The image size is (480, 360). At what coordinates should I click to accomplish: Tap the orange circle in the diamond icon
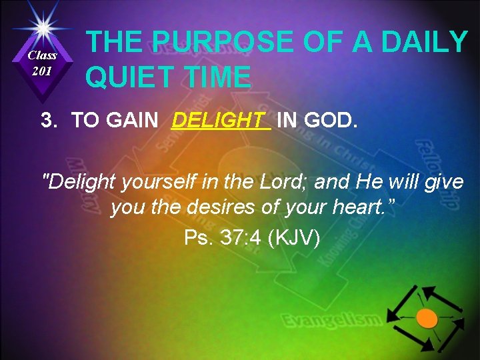pyautogui.click(x=427, y=318)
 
